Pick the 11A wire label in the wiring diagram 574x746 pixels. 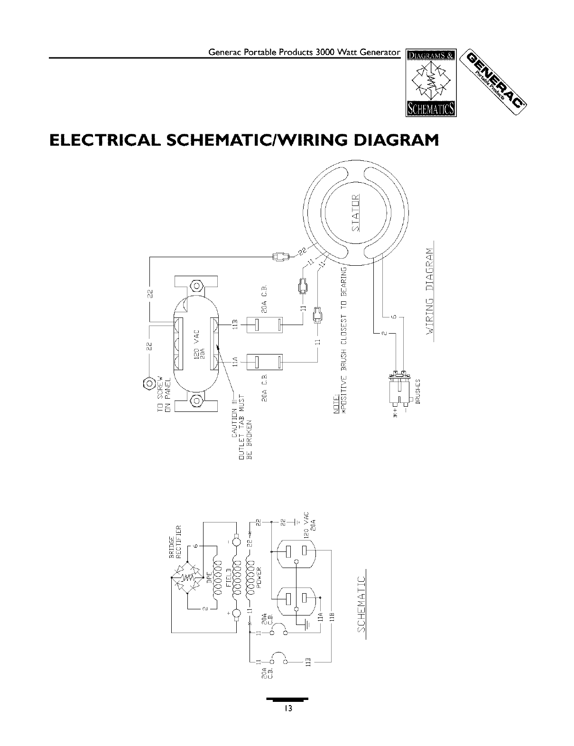(x=234, y=364)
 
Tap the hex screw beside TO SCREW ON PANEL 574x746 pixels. (x=148, y=383)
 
